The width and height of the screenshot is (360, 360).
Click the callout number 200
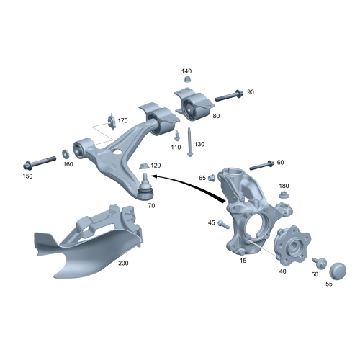coord(123,264)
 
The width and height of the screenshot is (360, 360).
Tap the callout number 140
coord(186,71)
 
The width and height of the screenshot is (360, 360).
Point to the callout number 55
coord(329,284)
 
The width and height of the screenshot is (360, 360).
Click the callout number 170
coord(122,121)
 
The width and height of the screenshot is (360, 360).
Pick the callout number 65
coord(202,177)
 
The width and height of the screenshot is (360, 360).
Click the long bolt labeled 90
coord(226,94)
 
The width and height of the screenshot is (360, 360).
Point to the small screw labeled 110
coord(176,135)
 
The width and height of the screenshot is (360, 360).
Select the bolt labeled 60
coord(260,165)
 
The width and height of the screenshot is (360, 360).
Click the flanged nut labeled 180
coord(284,195)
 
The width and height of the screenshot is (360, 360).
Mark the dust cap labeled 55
coord(337,271)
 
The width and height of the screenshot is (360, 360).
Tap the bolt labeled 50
coord(320,262)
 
